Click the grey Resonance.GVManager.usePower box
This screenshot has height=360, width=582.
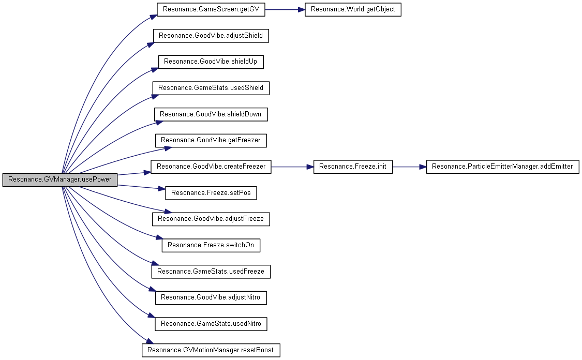[x=60, y=179]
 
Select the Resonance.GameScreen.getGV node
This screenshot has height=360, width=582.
[x=211, y=10]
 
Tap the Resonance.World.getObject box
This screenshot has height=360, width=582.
[x=353, y=10]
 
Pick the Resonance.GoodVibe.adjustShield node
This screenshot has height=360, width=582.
[x=211, y=36]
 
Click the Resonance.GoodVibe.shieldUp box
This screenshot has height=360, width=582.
[x=211, y=62]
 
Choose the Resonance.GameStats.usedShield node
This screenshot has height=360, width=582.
[x=211, y=88]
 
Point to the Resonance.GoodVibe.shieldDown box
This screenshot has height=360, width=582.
[x=211, y=114]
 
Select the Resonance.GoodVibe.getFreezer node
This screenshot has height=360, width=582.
[x=211, y=140]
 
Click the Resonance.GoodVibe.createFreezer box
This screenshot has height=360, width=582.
[x=211, y=167]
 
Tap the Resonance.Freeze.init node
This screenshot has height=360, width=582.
[x=353, y=167]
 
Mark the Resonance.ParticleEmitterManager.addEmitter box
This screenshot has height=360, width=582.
[x=502, y=167]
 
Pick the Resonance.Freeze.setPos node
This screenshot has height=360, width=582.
[x=211, y=193]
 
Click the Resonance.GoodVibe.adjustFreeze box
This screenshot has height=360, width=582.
[x=211, y=219]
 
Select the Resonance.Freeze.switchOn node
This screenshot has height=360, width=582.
[x=211, y=245]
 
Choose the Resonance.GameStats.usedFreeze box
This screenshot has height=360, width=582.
[x=211, y=272]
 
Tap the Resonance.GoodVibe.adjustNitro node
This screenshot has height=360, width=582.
[x=211, y=297]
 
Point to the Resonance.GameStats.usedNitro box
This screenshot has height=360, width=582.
[x=211, y=324]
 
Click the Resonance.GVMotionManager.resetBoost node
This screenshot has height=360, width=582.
[x=211, y=350]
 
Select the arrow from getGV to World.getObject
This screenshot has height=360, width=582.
[x=285, y=10]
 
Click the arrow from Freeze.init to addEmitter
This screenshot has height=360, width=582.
[x=409, y=167]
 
